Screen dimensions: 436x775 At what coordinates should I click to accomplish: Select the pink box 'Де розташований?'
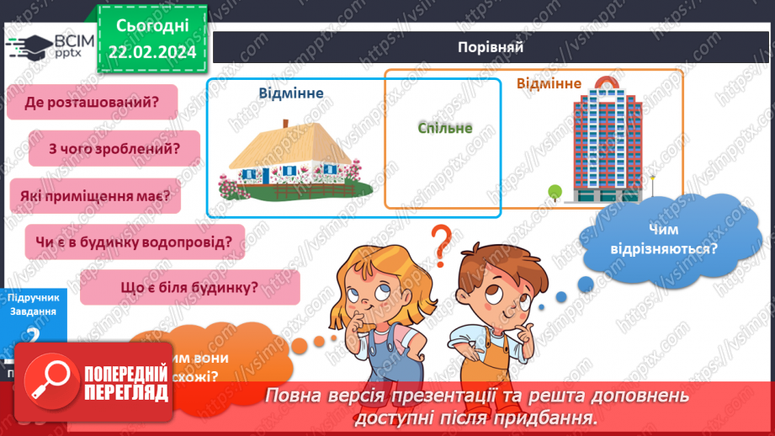click(93, 103)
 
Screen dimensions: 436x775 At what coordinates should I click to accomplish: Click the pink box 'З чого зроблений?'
click(114, 149)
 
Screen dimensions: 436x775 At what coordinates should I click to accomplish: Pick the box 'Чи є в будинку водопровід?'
click(135, 242)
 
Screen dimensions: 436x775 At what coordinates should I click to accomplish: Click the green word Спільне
click(444, 128)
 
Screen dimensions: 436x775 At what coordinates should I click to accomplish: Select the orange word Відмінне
click(549, 83)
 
